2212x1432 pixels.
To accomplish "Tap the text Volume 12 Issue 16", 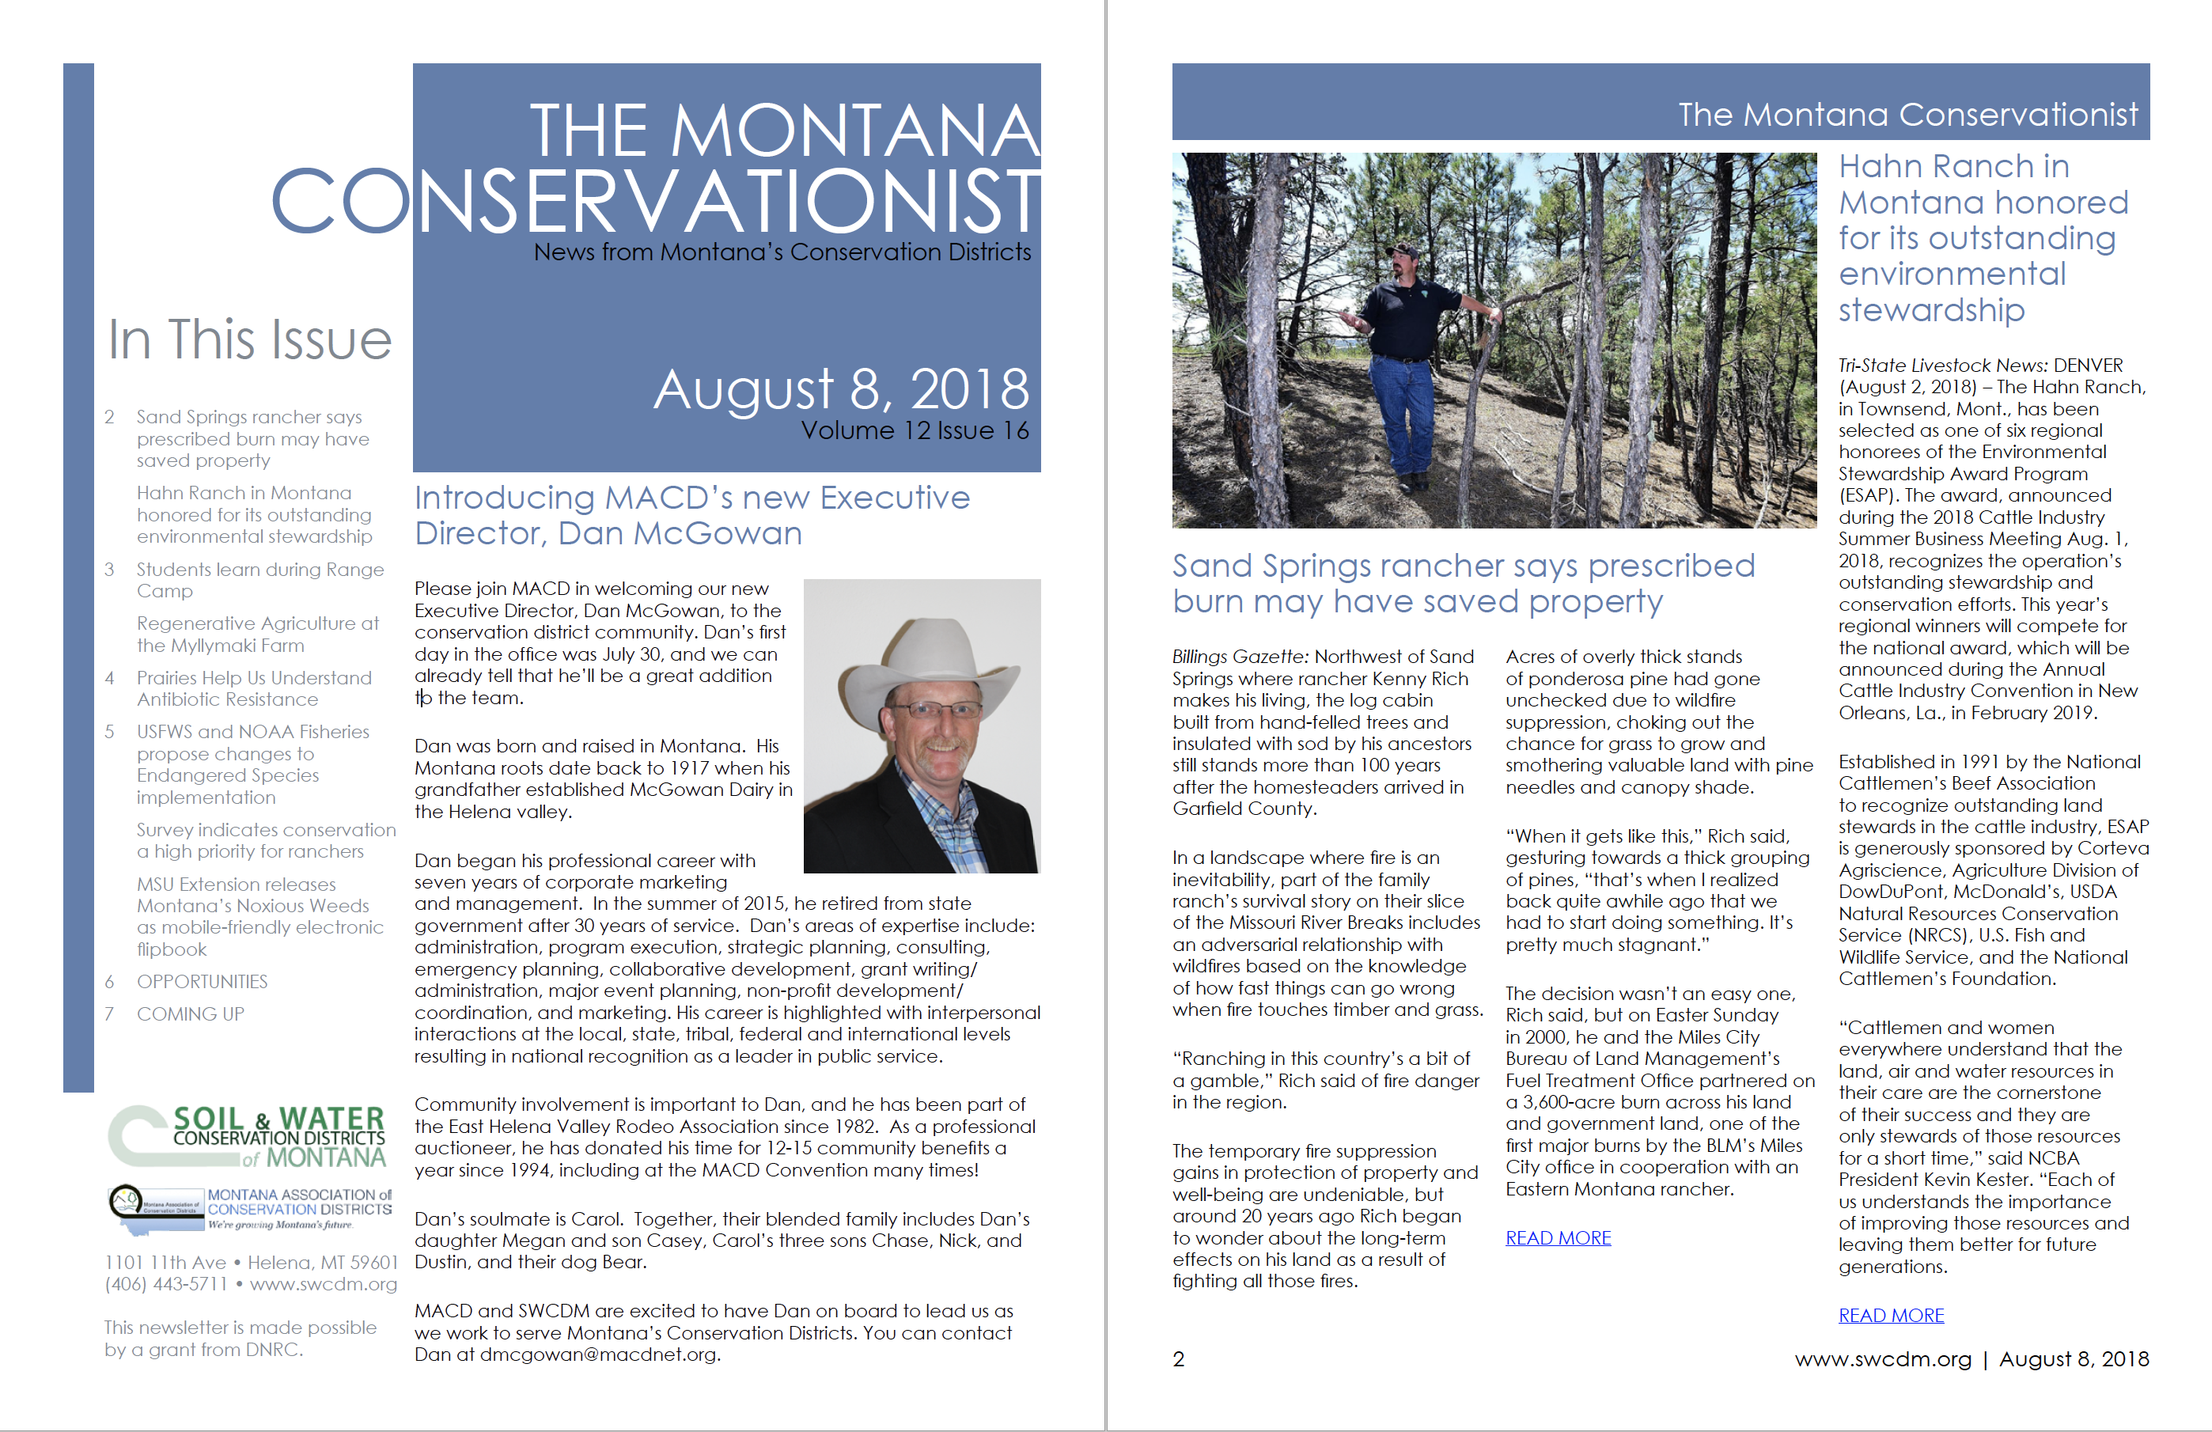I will pyautogui.click(x=915, y=431).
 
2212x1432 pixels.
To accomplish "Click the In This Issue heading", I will pyautogui.click(x=249, y=339).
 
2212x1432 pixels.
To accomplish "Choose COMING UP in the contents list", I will pyautogui.click(x=190, y=1013).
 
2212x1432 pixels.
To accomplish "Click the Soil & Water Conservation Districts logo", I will pyautogui.click(x=247, y=1135).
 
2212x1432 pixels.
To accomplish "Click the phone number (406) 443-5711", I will pyautogui.click(x=165, y=1284).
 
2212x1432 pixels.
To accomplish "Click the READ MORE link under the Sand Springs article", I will pyautogui.click(x=1558, y=1238).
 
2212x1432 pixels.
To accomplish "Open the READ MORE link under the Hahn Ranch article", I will pyautogui.click(x=1891, y=1315).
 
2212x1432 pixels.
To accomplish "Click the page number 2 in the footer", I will pyautogui.click(x=1179, y=1359).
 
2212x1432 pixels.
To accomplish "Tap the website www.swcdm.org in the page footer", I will pyautogui.click(x=1882, y=1359).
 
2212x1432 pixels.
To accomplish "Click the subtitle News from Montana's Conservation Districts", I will pyautogui.click(x=782, y=252).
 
